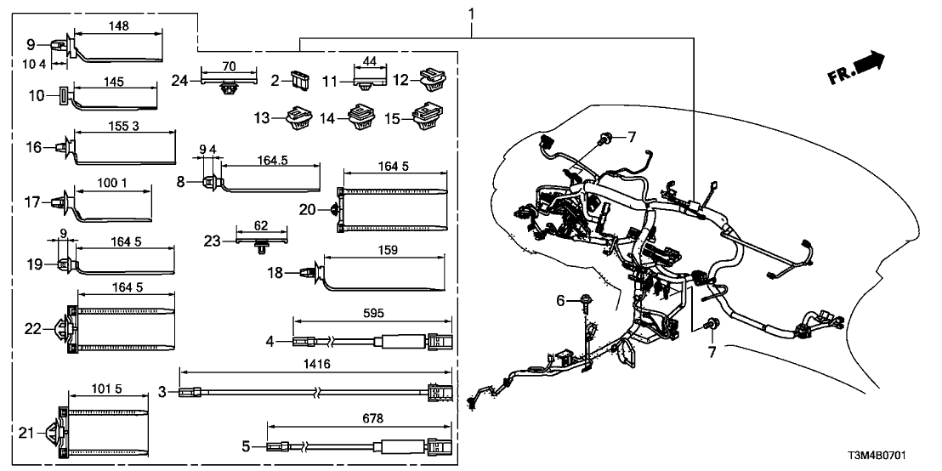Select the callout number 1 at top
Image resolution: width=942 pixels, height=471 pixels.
(473, 14)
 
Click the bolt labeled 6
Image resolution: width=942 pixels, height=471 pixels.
(587, 300)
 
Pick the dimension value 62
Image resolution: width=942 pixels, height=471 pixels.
(260, 226)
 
